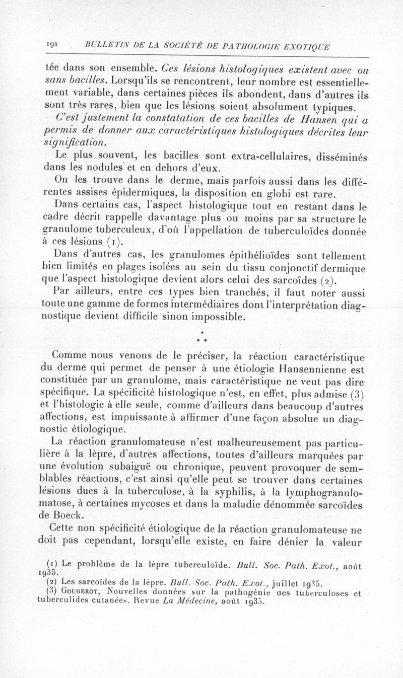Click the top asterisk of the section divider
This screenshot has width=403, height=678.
201,333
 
